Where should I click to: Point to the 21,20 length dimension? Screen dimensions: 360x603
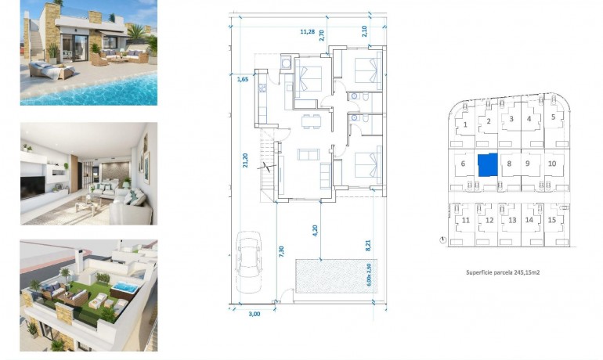pos(245,161)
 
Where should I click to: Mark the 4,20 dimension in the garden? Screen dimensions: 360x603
pos(315,231)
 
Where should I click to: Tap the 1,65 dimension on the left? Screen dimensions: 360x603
pos(242,78)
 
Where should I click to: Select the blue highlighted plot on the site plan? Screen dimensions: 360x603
pos(487,165)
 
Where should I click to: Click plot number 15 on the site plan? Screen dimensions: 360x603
pos(552,220)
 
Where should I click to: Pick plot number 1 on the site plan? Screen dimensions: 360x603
pos(465,124)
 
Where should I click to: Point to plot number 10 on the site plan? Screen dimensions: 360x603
pos(552,164)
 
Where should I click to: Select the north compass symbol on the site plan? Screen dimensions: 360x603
pos(443,239)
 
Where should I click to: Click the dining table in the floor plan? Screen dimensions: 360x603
pos(311,120)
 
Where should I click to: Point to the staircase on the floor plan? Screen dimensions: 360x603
pos(269,166)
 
